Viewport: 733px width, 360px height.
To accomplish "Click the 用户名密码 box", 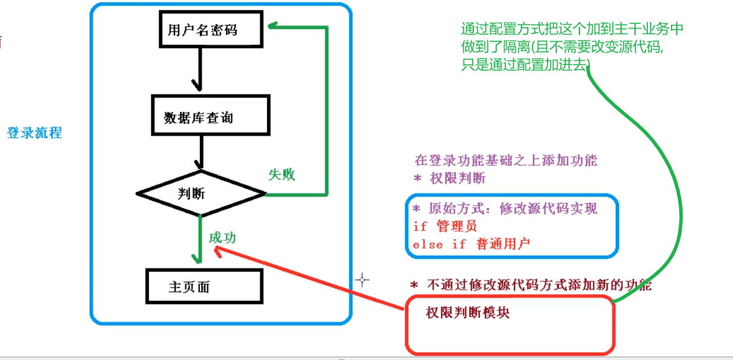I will click(x=203, y=30).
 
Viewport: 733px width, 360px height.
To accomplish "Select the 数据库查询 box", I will click(x=210, y=117).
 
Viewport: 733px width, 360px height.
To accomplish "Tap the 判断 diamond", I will click(x=200, y=194).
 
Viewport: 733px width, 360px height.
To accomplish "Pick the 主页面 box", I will click(x=204, y=286).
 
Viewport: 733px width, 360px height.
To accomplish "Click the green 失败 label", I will click(x=282, y=174).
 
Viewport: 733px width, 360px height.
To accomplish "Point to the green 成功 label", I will click(x=223, y=238).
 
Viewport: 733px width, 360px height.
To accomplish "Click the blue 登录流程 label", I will click(x=34, y=133).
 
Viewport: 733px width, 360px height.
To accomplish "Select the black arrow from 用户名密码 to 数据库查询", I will click(x=199, y=69).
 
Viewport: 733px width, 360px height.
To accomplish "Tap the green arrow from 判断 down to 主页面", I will click(x=199, y=238).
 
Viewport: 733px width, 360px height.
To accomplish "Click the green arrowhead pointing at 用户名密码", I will click(x=273, y=26).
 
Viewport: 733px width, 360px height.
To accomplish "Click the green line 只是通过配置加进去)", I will click(x=525, y=64).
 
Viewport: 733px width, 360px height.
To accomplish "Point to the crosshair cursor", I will click(x=363, y=280).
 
